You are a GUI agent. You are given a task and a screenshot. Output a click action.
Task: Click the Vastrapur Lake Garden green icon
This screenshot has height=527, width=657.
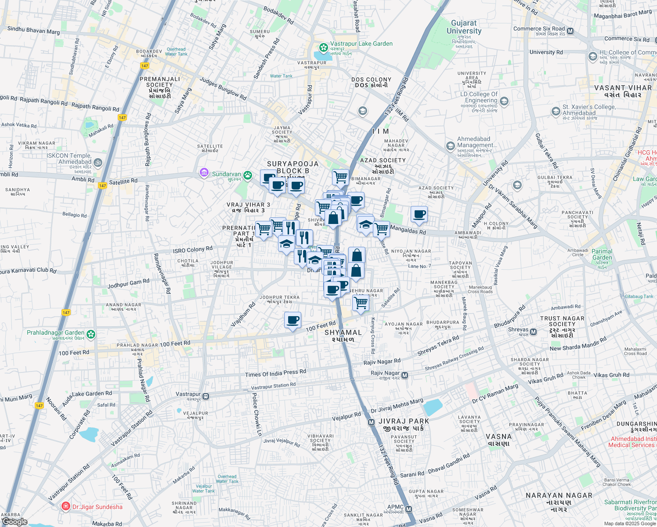pyautogui.click(x=324, y=47)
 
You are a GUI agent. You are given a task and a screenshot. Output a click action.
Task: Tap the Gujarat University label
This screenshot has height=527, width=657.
pyautogui.click(x=464, y=27)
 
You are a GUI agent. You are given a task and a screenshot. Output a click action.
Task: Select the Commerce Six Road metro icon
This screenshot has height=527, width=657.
pyautogui.click(x=570, y=31)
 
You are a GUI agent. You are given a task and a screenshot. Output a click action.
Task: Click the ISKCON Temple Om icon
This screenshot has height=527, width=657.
pyautogui.click(x=97, y=162)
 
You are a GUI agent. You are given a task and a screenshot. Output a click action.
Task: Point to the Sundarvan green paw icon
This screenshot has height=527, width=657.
pyautogui.click(x=248, y=175)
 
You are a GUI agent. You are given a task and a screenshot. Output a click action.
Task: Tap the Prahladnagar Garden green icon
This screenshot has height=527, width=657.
pyautogui.click(x=91, y=334)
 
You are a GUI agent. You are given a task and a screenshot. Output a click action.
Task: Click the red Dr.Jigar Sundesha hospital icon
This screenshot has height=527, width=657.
pyautogui.click(x=66, y=506)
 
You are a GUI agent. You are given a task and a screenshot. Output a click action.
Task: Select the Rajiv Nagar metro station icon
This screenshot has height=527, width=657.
pyautogui.click(x=405, y=375)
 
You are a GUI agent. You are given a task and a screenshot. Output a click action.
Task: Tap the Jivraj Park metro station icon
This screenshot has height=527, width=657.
pyautogui.click(x=371, y=422)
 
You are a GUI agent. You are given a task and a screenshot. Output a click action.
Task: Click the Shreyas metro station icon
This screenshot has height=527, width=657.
pyautogui.click(x=533, y=332)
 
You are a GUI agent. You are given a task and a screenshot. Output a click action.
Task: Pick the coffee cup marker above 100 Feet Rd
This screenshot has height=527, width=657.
pyautogui.click(x=292, y=320)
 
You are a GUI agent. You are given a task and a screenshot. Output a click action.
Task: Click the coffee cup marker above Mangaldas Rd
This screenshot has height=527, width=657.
pyautogui.click(x=419, y=215)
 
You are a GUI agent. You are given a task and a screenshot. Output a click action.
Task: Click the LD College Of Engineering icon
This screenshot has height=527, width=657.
pyautogui.click(x=504, y=101)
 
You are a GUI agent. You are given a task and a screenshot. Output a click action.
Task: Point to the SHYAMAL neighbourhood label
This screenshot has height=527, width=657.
pyautogui.click(x=343, y=336)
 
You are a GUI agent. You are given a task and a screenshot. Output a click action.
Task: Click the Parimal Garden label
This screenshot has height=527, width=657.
pyautogui.click(x=602, y=255)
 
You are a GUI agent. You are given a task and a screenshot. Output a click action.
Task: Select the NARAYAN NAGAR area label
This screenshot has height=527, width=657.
pyautogui.click(x=559, y=499)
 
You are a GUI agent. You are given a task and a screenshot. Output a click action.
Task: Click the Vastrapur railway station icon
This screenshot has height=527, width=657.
pyautogui.click(x=206, y=396)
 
